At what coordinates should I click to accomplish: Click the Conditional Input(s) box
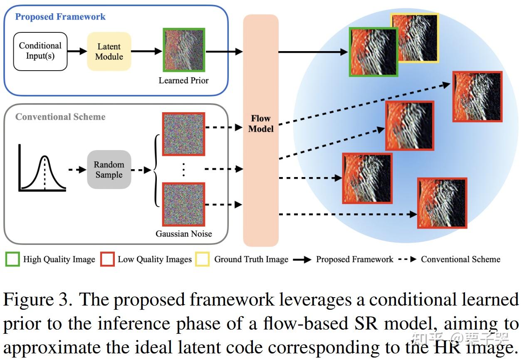pos(40,51)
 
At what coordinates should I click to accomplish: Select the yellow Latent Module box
pos(109,52)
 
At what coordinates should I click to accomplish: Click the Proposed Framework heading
pos(60,17)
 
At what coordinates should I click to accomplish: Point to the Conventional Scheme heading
pos(60,117)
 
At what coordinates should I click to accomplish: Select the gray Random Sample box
pos(109,170)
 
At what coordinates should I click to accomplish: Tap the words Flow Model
pos(261,124)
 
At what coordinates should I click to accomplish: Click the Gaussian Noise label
pos(184,234)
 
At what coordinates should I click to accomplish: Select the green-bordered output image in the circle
pos(374,52)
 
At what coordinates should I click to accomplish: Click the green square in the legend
pos(12,259)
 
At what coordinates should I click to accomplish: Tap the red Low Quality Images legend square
pos(107,259)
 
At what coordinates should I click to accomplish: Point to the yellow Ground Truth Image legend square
pos(203,259)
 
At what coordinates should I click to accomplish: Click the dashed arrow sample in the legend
pos(407,259)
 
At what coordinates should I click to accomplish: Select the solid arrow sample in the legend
pos(302,259)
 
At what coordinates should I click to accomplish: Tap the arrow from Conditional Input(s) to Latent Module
pos(77,52)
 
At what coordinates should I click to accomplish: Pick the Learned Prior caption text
pos(184,80)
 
